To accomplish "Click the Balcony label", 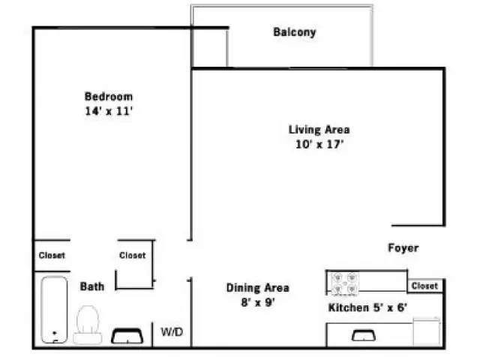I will coord(294,32).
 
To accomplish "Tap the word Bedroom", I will coord(109,96).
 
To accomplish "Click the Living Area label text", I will coord(319,129).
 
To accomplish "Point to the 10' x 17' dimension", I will coord(319,144).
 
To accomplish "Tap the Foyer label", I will coord(403,248).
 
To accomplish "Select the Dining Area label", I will coord(257,287).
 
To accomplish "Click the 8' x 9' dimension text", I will coord(257,302).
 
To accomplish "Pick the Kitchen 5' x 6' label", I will coord(367,307).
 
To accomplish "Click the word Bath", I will coord(92,286).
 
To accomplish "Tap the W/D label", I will coord(172,331).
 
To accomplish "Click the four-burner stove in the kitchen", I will coord(345,283).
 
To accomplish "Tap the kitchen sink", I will coord(364,335).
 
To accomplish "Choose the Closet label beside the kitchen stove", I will coord(424,286).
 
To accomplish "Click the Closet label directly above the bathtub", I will coord(52,255).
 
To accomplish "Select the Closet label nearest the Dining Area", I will coord(133,255).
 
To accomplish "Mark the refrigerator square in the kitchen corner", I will coord(427,331).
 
